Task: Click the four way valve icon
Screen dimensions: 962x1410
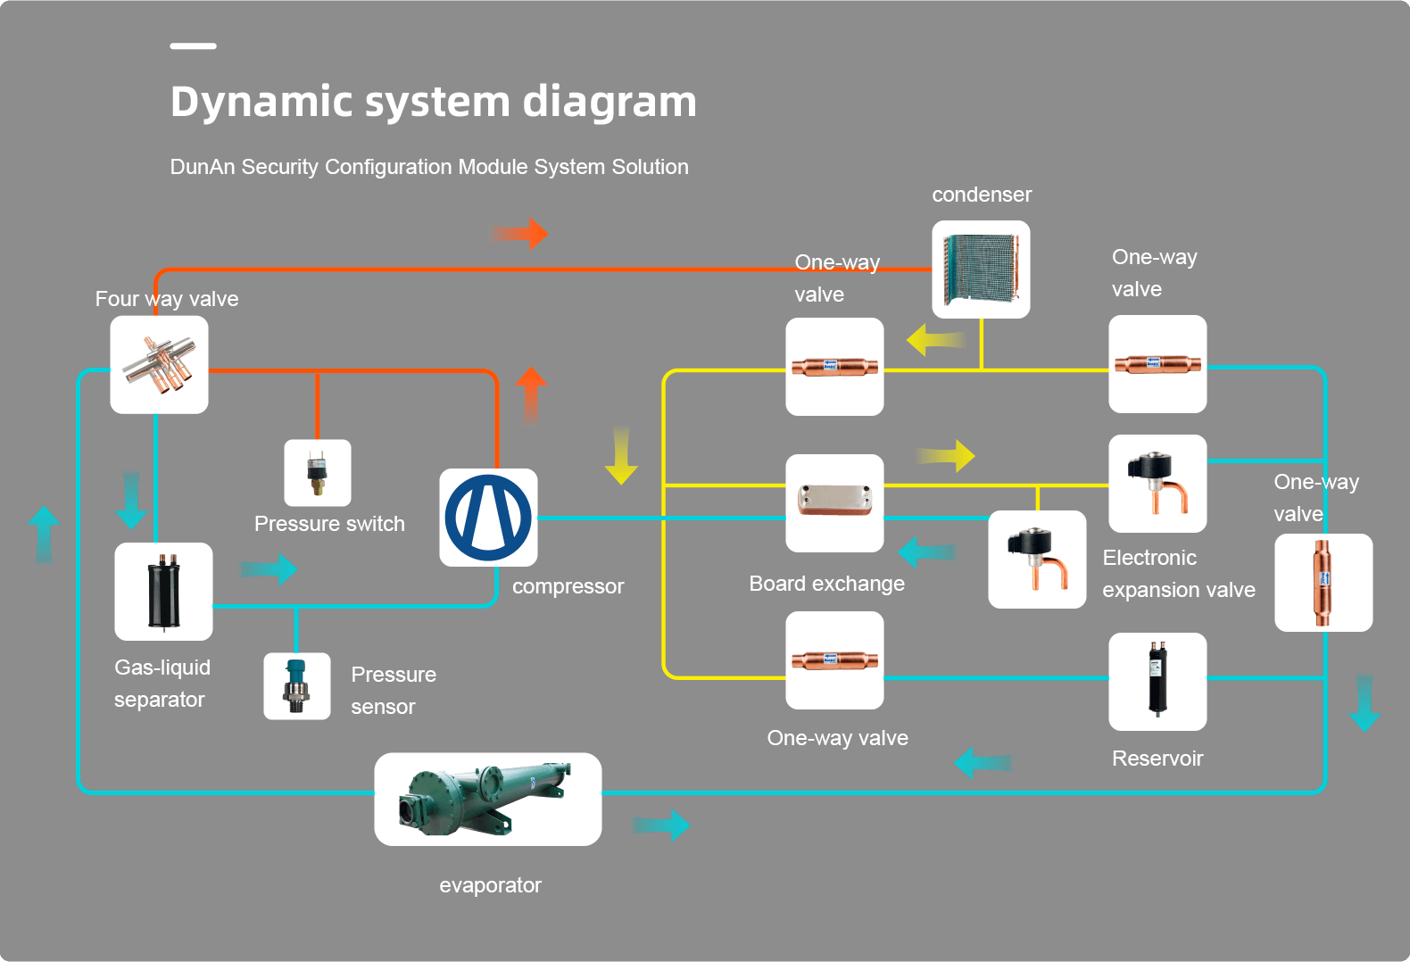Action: coord(159,364)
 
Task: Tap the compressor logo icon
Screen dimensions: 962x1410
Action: coord(488,518)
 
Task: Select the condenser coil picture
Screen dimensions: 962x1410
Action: coord(981,269)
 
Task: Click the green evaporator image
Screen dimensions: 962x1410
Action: coord(487,799)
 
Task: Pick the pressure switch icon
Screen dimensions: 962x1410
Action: coord(317,473)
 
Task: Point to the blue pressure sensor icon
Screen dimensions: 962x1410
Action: coord(296,686)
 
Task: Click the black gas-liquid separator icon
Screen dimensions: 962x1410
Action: coord(163,592)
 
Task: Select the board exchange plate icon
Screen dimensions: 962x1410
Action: coord(834,502)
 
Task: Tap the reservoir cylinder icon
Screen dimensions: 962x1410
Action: coord(1157,681)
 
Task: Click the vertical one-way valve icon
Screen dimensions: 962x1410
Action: coord(1323,582)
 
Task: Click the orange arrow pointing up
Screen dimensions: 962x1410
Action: coord(531,395)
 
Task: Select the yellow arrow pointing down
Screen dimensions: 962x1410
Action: coord(621,455)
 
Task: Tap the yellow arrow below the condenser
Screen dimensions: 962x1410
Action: coord(935,340)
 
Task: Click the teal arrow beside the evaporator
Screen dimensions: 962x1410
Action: coord(661,825)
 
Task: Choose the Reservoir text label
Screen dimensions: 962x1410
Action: coord(1157,759)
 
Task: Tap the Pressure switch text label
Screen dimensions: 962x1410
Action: coord(329,524)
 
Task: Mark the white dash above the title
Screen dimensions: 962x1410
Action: coord(193,46)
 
